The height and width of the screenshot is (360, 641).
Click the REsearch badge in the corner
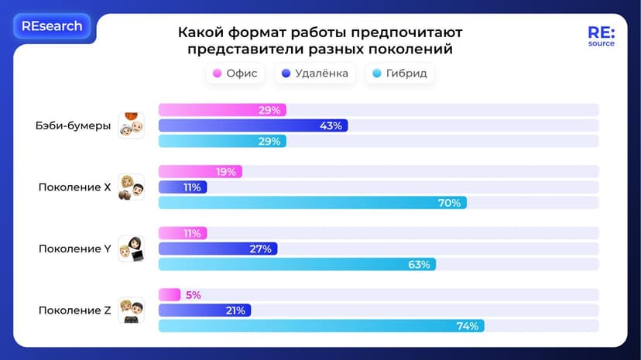52,26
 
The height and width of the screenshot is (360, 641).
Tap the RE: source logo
601,36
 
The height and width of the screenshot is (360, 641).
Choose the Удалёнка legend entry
315,74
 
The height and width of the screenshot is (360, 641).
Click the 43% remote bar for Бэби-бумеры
253,125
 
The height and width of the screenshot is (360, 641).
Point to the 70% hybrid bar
312,203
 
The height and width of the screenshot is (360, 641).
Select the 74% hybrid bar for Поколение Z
321,326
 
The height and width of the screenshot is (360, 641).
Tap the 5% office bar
170,295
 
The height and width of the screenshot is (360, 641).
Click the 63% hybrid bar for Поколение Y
297,264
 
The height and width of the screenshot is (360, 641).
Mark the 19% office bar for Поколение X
201,172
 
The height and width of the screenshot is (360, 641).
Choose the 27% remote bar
218,249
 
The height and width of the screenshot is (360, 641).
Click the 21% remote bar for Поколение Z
204,310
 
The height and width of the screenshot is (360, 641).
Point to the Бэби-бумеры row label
74,126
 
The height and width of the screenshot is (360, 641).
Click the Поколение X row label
75,187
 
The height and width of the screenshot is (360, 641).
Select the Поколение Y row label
75,249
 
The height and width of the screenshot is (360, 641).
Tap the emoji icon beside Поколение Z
132,310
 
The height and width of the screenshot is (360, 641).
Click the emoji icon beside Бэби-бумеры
132,125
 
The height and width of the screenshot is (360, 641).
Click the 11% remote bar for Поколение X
183,187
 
